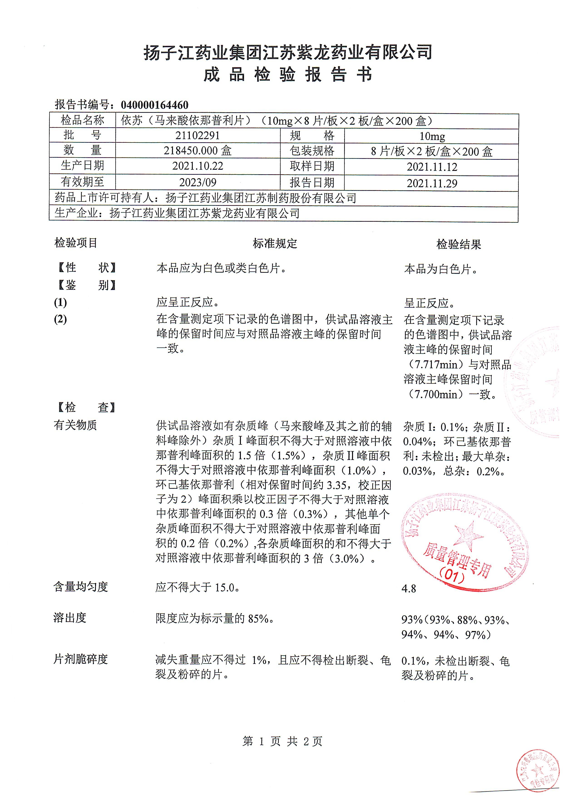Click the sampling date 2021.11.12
coord(432,167)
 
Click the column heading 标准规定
coord(275,244)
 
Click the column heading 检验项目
coord(76,243)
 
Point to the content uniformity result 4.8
coord(409,589)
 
